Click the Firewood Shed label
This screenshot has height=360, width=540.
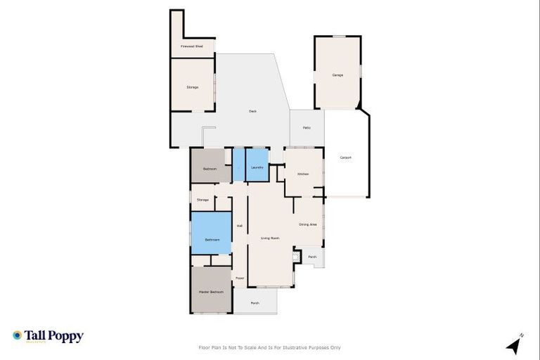(192, 46)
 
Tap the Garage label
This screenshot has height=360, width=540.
(337, 75)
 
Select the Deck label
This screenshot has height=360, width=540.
(252, 111)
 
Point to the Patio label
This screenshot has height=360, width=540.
(307, 127)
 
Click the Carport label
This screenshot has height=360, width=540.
(345, 157)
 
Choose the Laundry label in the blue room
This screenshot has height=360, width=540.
(257, 167)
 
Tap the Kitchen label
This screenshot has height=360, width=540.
(303, 174)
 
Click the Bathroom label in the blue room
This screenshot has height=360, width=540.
(212, 240)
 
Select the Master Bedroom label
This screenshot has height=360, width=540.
(211, 291)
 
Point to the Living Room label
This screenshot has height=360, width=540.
(271, 238)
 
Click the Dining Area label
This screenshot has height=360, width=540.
(307, 224)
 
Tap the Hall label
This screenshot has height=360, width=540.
(239, 226)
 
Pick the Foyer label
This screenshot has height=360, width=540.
(239, 278)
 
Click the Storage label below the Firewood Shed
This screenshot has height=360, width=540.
(192, 87)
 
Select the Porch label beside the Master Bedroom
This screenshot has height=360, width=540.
(255, 303)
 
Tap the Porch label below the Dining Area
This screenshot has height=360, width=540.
(312, 257)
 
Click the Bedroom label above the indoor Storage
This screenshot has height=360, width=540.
(210, 169)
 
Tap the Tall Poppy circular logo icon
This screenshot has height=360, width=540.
(17, 335)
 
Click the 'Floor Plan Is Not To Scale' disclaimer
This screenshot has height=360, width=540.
(270, 347)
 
